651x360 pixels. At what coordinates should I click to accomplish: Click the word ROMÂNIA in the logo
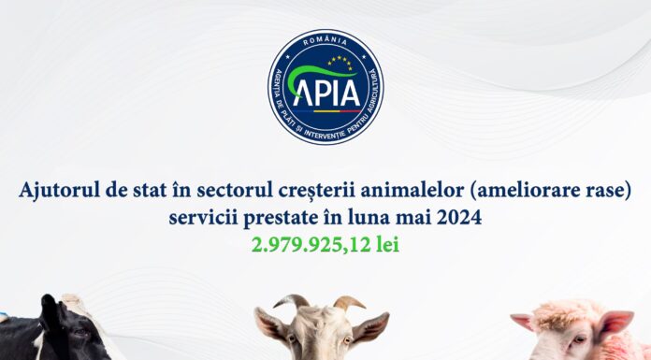325,43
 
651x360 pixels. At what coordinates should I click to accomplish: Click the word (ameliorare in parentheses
518,192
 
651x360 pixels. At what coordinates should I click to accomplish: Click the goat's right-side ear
371,325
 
